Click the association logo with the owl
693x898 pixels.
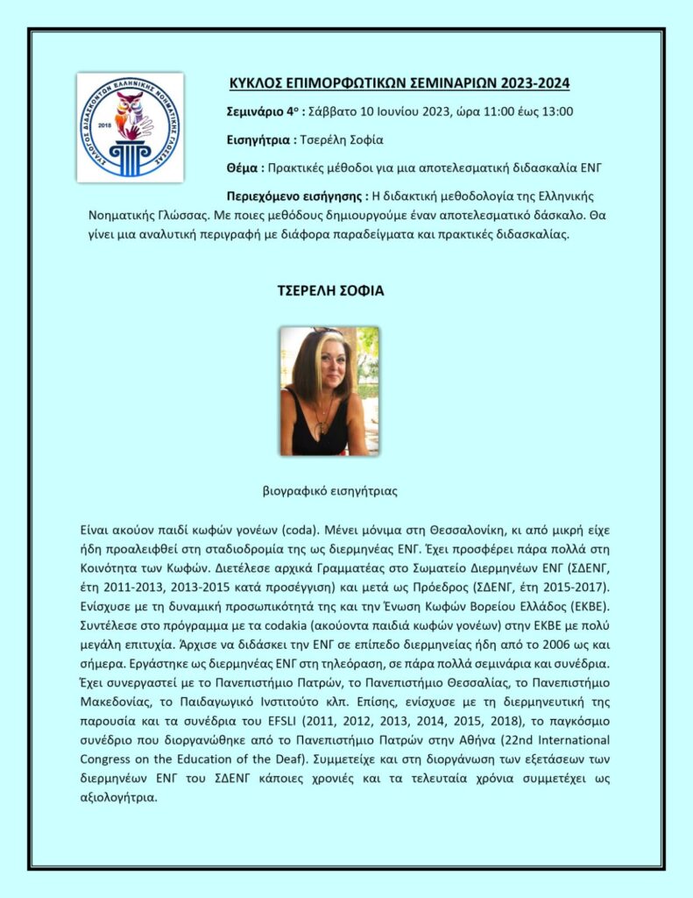click(130, 127)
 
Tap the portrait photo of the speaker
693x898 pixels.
click(329, 391)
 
